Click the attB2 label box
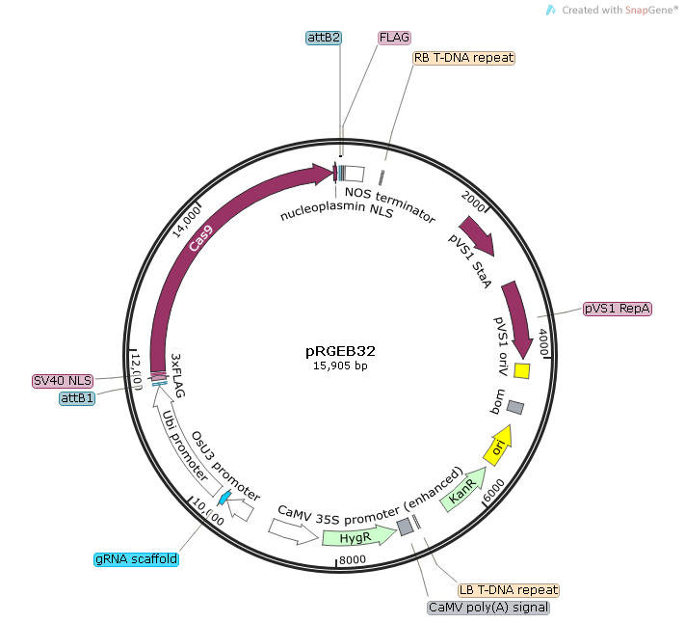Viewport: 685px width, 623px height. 324,38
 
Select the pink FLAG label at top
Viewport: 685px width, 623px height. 394,38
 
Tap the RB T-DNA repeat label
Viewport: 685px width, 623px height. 463,58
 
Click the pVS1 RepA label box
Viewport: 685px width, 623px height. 618,309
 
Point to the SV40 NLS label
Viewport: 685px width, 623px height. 63,381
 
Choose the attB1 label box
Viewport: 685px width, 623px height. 77,398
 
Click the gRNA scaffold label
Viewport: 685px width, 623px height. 136,559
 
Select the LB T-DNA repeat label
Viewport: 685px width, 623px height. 509,590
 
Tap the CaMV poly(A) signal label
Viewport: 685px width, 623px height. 488,608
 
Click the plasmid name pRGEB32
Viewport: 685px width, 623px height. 340,351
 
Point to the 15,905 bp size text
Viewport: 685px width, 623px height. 340,366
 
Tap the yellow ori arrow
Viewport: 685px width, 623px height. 498,446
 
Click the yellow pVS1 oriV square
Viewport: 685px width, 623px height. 521,370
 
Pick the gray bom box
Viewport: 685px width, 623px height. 515,408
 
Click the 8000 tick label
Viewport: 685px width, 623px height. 352,560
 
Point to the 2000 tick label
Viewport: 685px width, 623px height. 473,202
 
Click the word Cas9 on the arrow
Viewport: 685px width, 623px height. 201,238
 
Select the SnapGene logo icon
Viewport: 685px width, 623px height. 551,10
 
